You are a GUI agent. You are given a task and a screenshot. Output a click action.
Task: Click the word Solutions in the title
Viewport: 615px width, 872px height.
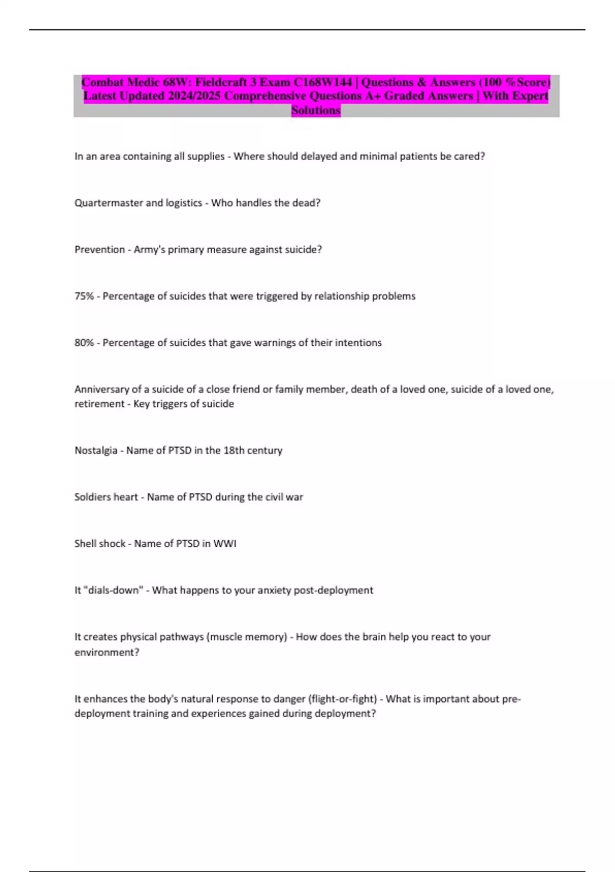tap(316, 110)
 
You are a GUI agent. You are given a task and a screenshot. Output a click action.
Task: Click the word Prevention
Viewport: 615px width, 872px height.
tap(99, 249)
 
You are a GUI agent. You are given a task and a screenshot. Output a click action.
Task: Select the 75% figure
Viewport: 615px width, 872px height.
tap(84, 296)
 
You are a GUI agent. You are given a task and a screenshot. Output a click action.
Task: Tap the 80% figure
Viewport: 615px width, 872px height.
tap(84, 343)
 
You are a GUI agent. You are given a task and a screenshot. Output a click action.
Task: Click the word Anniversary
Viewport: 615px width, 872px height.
tap(101, 389)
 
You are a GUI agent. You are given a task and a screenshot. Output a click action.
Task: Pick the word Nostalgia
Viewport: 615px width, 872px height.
tap(96, 450)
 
